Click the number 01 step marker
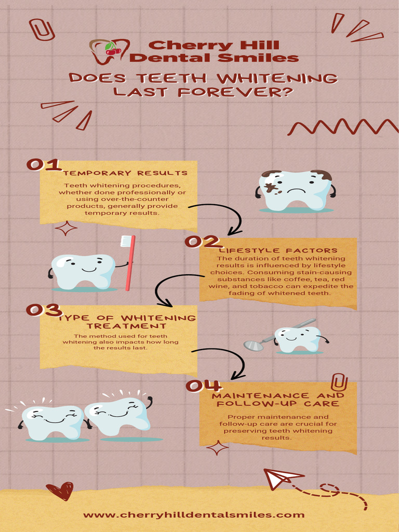(44, 165)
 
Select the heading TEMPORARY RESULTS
(125, 173)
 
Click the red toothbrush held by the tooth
(128, 262)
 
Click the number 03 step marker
(44, 310)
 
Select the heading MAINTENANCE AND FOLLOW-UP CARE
(278, 400)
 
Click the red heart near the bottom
(59, 490)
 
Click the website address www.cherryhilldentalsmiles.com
(194, 515)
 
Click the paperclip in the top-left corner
(42, 30)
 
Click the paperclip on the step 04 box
(339, 383)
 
